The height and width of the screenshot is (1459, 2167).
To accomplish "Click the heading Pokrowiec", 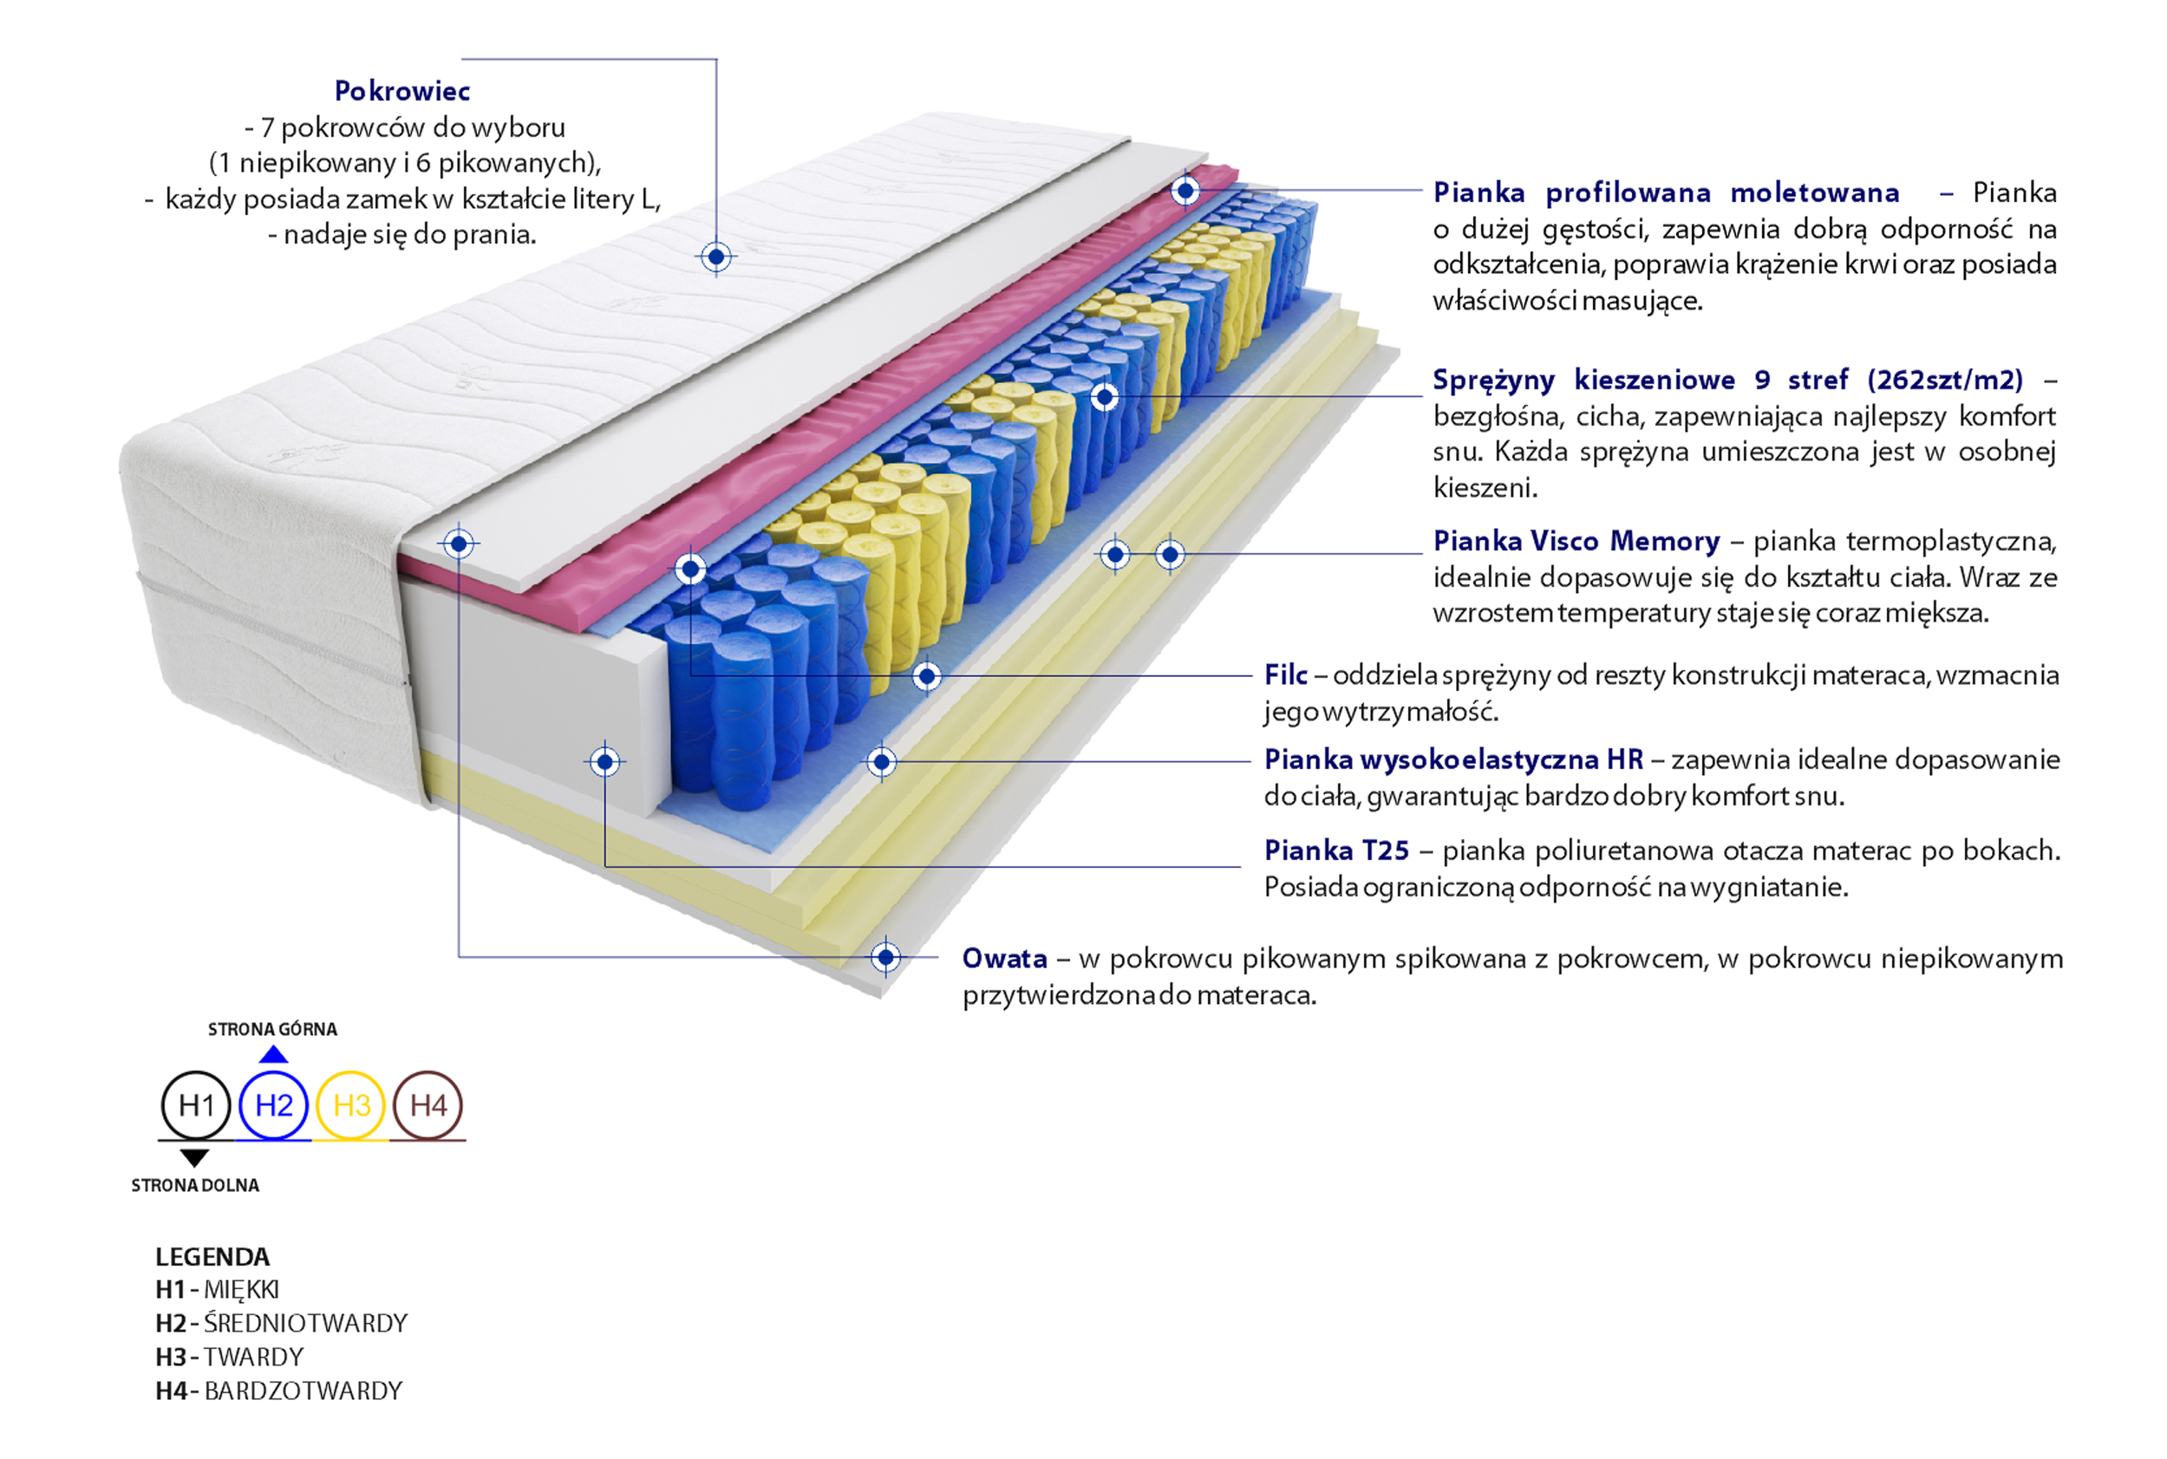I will pyautogui.click(x=402, y=91).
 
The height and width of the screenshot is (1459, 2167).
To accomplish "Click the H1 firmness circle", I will pyautogui.click(x=195, y=1104).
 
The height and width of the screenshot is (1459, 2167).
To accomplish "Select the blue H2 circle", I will pyautogui.click(x=274, y=1104).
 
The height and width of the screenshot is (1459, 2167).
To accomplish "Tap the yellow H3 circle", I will pyautogui.click(x=351, y=1104).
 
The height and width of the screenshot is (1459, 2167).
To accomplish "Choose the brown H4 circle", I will pyautogui.click(x=428, y=1104).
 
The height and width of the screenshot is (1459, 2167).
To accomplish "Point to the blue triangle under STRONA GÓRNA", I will pyautogui.click(x=273, y=1054).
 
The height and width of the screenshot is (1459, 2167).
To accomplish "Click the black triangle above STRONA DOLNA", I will pyautogui.click(x=193, y=1157).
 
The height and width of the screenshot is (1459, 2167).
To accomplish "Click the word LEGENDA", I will pyautogui.click(x=212, y=1257).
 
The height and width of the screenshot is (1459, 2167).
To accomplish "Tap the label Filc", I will pyautogui.click(x=1285, y=674).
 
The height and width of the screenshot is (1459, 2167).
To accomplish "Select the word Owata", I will pyautogui.click(x=1004, y=959).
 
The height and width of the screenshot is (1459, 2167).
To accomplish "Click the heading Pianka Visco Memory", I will pyautogui.click(x=1576, y=541).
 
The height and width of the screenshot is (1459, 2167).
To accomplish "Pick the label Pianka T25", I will pyautogui.click(x=1335, y=850).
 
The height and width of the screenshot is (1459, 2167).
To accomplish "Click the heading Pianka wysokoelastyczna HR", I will pyautogui.click(x=1453, y=759).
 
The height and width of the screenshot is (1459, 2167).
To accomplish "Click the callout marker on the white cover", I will pyautogui.click(x=715, y=257).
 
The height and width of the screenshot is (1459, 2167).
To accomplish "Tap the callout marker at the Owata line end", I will pyautogui.click(x=886, y=956).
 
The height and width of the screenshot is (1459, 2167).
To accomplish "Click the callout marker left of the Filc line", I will pyautogui.click(x=926, y=676).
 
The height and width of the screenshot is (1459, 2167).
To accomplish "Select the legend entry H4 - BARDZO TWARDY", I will pyautogui.click(x=278, y=1391).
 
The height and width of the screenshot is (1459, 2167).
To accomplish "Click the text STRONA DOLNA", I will pyautogui.click(x=194, y=1185).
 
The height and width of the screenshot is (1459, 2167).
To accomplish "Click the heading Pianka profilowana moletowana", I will pyautogui.click(x=1665, y=192).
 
